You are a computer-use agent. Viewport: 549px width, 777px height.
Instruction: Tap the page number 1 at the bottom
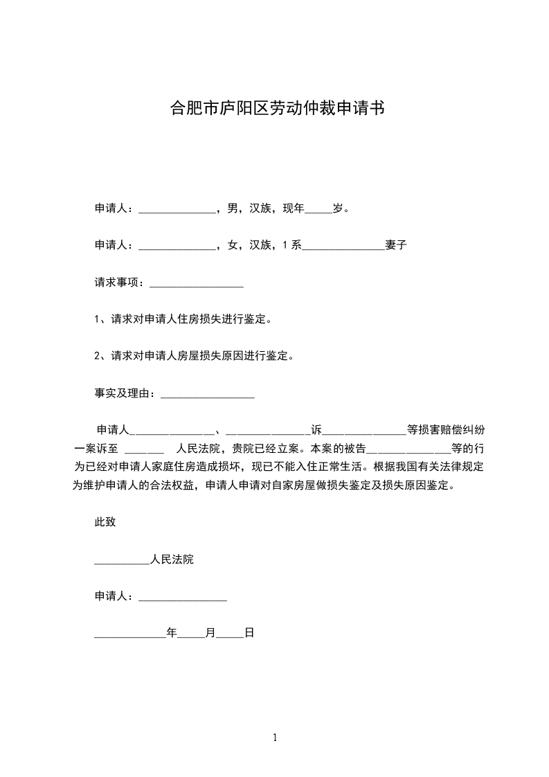pos(275,738)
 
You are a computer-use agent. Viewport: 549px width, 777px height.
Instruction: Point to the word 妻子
pos(395,245)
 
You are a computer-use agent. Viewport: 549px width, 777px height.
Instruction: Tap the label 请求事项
pos(118,283)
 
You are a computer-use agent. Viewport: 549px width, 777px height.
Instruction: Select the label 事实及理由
pos(124,393)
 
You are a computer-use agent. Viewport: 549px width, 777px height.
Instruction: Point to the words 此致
pos(105,522)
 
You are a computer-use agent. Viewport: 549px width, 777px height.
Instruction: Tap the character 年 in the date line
pos(172,633)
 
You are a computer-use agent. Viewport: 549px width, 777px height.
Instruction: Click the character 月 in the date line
pos(210,633)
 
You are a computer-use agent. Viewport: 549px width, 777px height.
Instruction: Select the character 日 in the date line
pos(249,633)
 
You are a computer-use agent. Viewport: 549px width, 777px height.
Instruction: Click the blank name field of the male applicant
pos(178,209)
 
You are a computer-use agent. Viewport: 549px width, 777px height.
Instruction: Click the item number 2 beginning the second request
pos(97,357)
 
